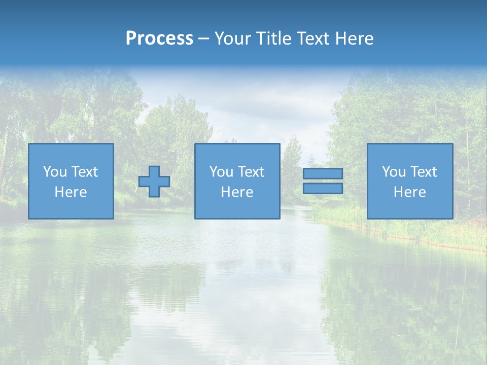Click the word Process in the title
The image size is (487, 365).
(159, 39)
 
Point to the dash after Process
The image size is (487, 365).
(203, 39)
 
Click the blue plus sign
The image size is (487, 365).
(154, 181)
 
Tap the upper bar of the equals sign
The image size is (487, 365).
(323, 173)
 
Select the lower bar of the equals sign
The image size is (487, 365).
(323, 189)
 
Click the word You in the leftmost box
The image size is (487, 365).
(55, 172)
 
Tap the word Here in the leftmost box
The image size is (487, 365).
(71, 192)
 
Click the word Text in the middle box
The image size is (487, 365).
(251, 172)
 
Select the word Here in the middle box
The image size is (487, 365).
(237, 192)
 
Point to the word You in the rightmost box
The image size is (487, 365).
(394, 172)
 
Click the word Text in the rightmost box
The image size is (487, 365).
(423, 172)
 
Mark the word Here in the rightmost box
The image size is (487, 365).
(409, 192)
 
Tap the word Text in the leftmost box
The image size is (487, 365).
(84, 172)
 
